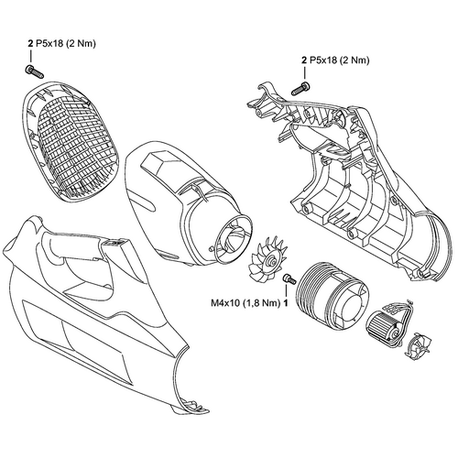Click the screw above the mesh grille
coord(34,71)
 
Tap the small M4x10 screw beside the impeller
coord(289,278)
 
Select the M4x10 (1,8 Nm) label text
coord(245,303)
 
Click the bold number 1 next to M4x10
coord(286,303)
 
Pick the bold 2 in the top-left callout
coord(30,44)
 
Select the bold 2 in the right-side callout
coord(304,60)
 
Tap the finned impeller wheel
coord(267,258)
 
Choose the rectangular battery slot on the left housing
coord(115,243)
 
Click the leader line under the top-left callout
coord(30,57)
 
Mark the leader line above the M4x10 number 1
coord(286,290)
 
